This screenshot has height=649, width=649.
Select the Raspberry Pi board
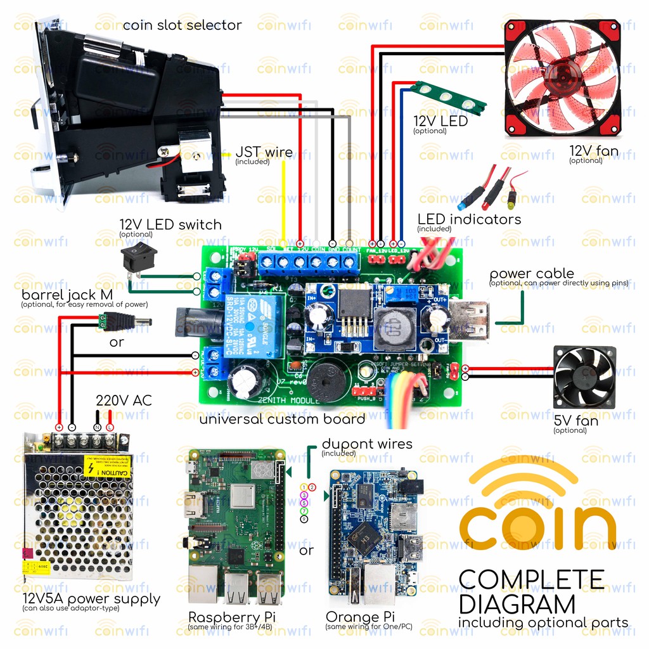pos(236,527)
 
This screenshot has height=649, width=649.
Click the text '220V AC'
pos(124,401)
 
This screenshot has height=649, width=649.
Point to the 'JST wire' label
pos(264,152)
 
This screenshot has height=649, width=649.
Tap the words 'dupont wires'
pos(367,444)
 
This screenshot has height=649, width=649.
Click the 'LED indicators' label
pos(469,219)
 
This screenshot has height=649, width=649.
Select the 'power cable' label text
pos(531,274)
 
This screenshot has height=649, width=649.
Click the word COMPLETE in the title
pos(531,579)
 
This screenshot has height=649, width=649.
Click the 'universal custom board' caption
pos(282,419)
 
